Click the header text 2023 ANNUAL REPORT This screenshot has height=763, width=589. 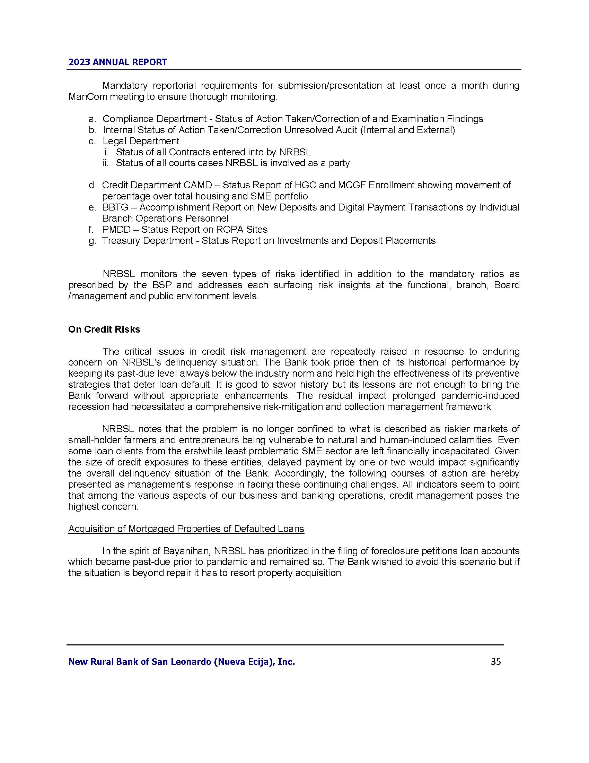pos(117,62)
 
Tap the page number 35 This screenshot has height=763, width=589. pos(496,662)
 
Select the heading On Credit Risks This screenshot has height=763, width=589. pos(104,329)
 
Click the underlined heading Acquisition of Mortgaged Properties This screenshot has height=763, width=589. pos(186,529)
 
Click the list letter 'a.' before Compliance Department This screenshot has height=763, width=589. pos(93,119)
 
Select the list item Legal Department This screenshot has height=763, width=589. pos(141,141)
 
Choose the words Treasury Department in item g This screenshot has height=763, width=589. pos(147,241)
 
